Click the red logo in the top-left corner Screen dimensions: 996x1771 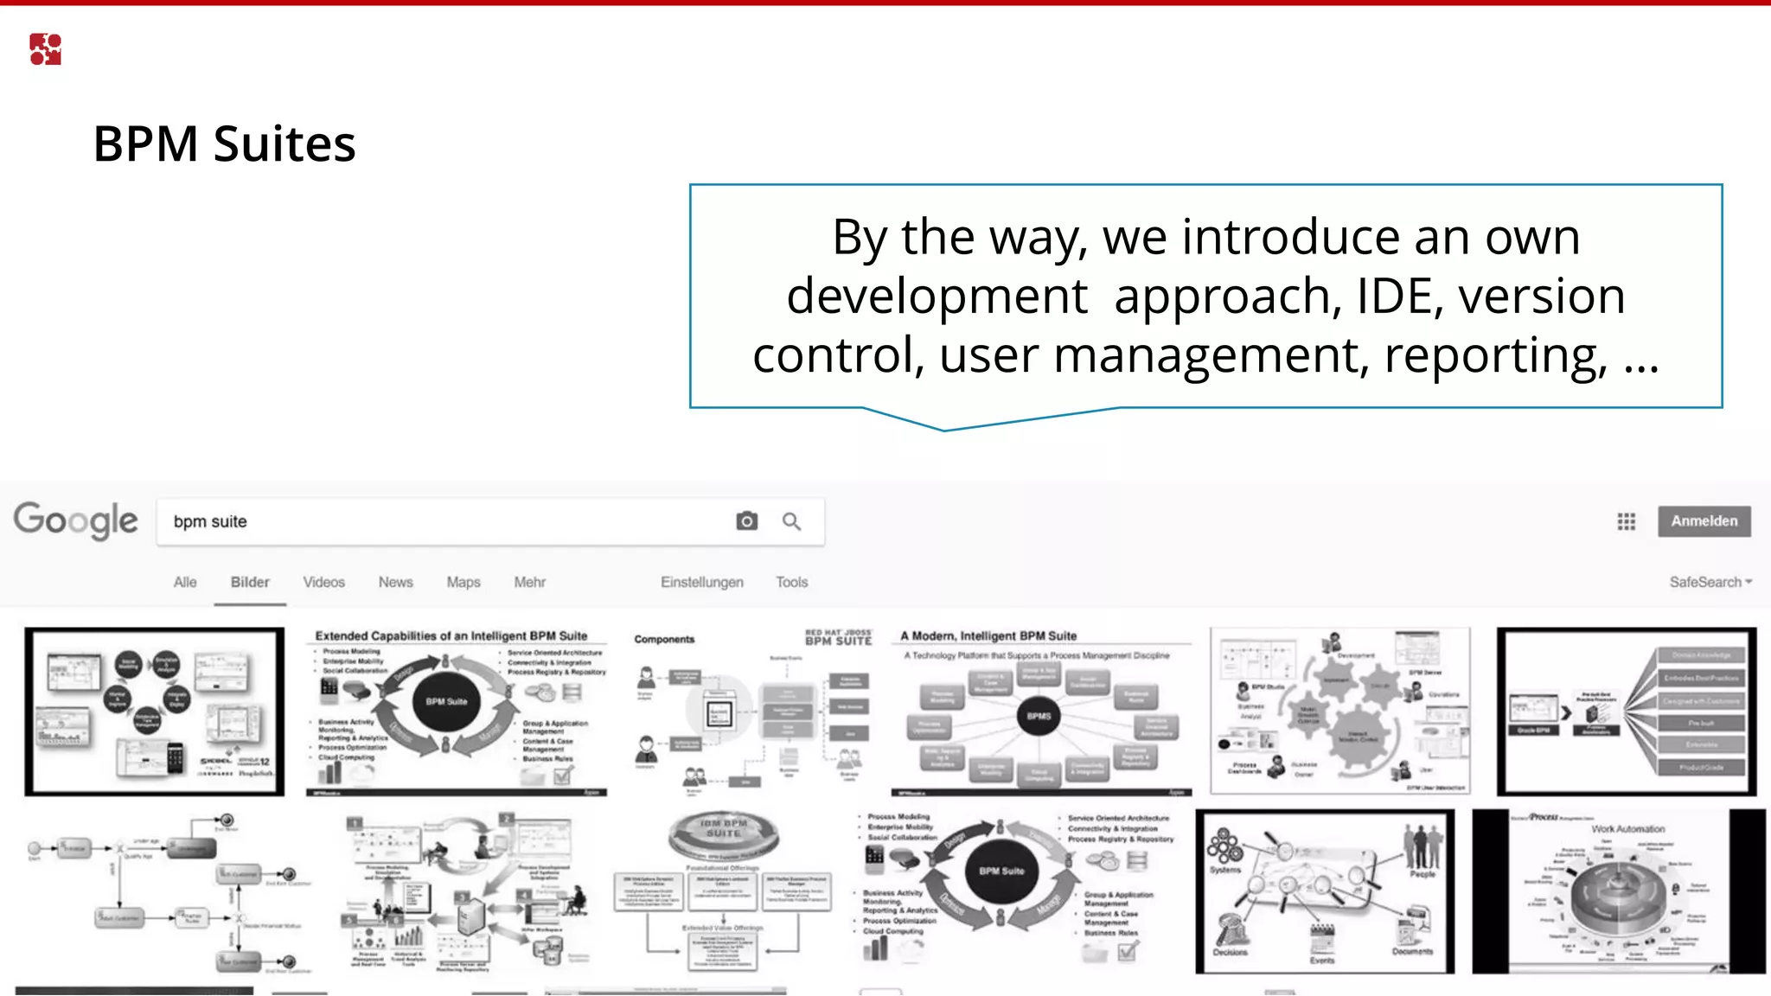tap(45, 49)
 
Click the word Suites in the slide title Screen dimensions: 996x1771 tap(285, 144)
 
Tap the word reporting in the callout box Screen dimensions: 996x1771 tap(1496, 355)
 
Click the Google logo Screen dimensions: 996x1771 tap(76, 520)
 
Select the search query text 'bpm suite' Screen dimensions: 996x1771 tap(210, 521)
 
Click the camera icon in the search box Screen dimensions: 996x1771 tap(746, 521)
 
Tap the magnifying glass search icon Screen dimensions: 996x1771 tap(791, 521)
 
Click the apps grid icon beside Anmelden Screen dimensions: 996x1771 tap(1626, 521)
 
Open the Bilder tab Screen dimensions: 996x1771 tap(250, 582)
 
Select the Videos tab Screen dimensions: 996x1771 tap(323, 582)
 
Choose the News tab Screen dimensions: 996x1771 tap(395, 582)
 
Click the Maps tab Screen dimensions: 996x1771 tap(464, 582)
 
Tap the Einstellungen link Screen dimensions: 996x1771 tap(701, 582)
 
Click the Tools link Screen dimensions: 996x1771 tap(791, 582)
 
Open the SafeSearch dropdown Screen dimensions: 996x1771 tap(1710, 582)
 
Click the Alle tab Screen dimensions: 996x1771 tap(185, 582)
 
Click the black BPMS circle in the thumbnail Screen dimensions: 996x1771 tap(1039, 716)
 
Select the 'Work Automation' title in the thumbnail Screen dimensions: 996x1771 tap(1627, 828)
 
